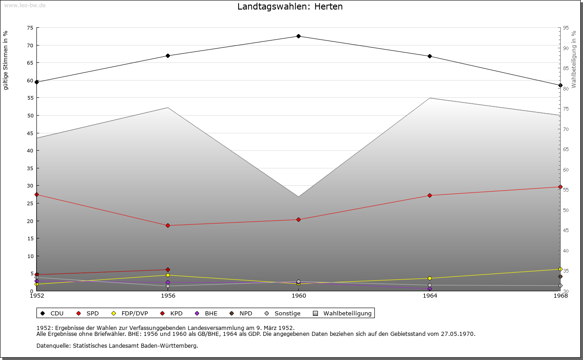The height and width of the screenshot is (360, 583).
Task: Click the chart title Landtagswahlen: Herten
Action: coord(290,7)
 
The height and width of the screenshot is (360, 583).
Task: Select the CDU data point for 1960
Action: coord(298,36)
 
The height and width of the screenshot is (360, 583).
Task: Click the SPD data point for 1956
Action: coord(168,226)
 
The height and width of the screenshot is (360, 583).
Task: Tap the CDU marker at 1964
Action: coord(430,56)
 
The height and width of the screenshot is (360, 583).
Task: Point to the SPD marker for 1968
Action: coord(560,187)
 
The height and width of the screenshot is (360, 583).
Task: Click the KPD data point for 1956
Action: coord(168,270)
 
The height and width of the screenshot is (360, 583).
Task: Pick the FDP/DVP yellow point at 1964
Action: coord(430,279)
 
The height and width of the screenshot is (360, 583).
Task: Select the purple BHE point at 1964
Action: coord(430,289)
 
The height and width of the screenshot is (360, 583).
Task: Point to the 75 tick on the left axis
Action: coord(30,28)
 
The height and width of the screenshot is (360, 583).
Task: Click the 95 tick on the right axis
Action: coord(565,28)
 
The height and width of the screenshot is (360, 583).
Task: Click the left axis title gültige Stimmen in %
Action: coord(6,60)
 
